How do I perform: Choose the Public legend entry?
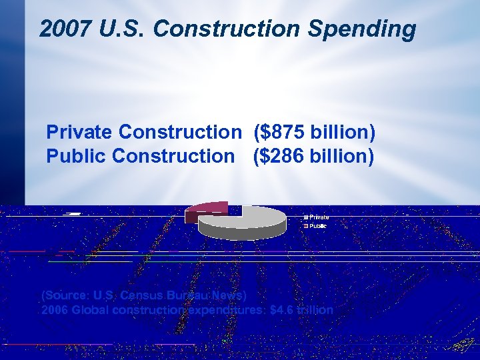pyautogui.click(x=317, y=226)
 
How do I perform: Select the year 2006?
pyautogui.click(x=54, y=310)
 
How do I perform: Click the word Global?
pyautogui.click(x=89, y=310)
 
